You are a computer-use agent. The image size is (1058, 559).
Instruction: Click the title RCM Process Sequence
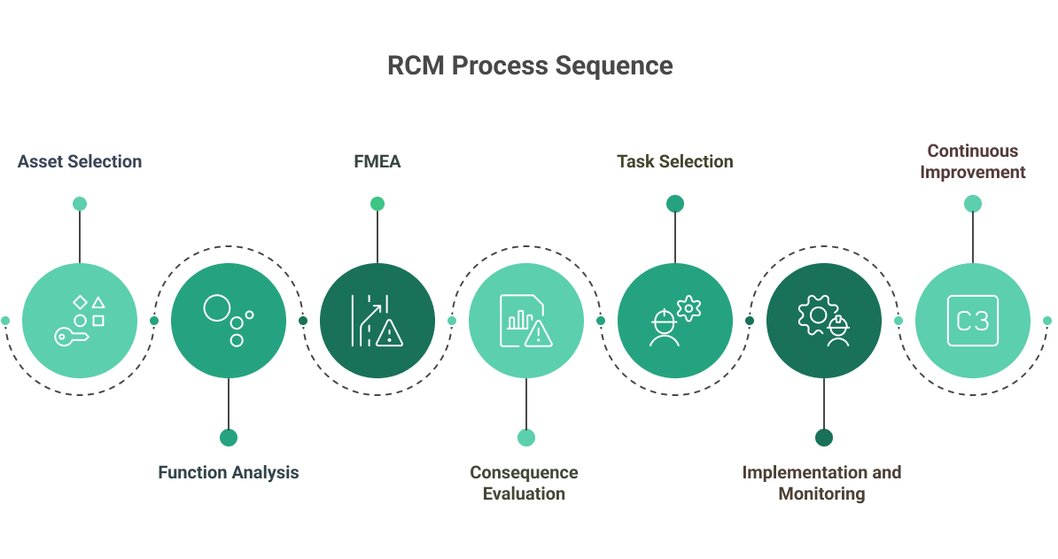point(529,66)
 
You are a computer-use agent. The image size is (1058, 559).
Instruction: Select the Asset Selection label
point(80,161)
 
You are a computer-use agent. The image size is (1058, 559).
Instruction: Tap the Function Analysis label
point(228,472)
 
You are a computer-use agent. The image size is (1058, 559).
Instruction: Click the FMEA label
point(377,161)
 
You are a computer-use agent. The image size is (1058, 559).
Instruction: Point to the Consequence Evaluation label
point(525,483)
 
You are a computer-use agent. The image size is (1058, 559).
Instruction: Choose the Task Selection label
point(674,161)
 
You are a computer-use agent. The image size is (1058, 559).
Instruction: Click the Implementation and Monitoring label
point(821,483)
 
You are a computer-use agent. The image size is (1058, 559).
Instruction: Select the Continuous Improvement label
point(972,161)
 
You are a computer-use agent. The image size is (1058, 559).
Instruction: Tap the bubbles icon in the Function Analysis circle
point(229,320)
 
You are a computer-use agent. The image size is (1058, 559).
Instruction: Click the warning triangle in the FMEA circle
point(389,334)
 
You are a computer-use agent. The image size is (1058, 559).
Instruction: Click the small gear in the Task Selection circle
point(688,308)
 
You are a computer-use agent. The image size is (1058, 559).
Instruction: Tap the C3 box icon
point(972,320)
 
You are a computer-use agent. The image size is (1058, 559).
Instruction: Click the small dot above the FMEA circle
point(377,204)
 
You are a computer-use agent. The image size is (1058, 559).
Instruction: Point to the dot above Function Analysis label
point(229,437)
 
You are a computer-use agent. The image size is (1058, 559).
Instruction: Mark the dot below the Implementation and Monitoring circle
point(824,437)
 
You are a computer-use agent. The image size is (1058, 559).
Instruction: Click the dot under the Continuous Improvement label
point(972,204)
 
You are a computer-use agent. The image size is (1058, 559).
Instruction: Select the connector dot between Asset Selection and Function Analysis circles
point(154,320)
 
